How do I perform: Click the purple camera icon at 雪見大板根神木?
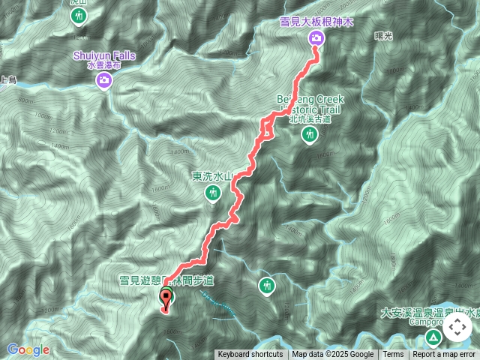point(316,39)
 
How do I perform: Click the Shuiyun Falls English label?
point(104,55)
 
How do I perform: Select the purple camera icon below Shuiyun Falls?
point(104,81)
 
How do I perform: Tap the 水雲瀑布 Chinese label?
point(104,65)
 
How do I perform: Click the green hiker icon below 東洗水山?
point(213,194)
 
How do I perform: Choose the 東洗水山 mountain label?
point(213,177)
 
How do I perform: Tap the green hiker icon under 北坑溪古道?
point(309,135)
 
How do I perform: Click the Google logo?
point(28,349)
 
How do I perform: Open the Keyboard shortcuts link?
point(250,355)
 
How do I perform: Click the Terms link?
point(393,355)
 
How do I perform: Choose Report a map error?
point(445,355)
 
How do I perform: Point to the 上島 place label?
point(9,77)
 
